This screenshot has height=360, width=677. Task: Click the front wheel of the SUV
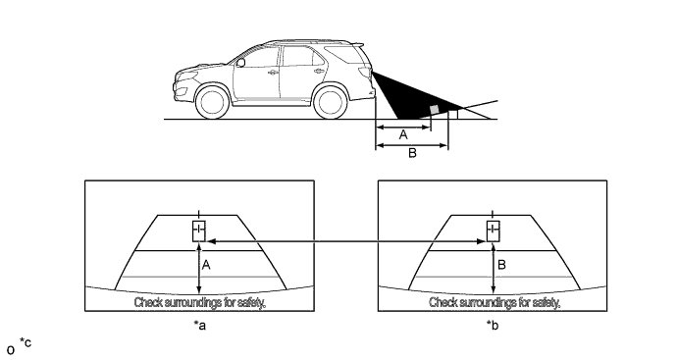pyautogui.click(x=212, y=103)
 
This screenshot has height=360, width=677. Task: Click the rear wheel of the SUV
pyautogui.click(x=331, y=103)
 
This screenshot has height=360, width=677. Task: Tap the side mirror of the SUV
pyautogui.click(x=240, y=63)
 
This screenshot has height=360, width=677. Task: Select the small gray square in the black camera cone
pyautogui.click(x=435, y=110)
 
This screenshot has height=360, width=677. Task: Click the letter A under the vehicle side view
pyautogui.click(x=403, y=135)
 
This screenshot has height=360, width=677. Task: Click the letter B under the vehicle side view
pyautogui.click(x=412, y=153)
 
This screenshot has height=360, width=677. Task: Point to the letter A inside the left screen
pyautogui.click(x=206, y=265)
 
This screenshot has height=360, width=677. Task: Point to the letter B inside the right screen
pyautogui.click(x=501, y=265)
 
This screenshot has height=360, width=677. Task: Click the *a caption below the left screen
pyautogui.click(x=199, y=325)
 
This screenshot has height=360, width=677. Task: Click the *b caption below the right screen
pyautogui.click(x=493, y=325)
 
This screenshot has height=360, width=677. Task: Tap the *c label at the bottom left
pyautogui.click(x=26, y=343)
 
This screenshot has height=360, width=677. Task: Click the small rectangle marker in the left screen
pyautogui.click(x=198, y=231)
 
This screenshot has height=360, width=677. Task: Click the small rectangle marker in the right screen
pyautogui.click(x=494, y=231)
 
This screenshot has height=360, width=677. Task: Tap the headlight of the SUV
pyautogui.click(x=188, y=76)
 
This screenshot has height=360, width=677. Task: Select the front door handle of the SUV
pyautogui.click(x=273, y=73)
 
